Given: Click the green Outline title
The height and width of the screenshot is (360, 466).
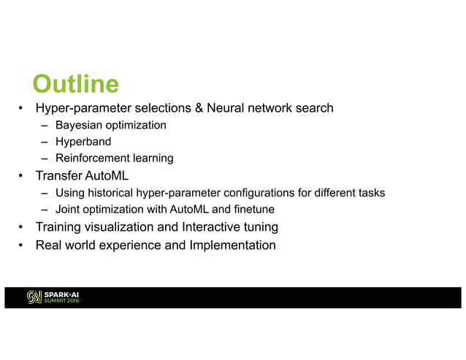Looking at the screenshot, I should coord(76,85).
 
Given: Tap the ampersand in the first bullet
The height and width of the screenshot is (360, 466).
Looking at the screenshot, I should coord(197,109).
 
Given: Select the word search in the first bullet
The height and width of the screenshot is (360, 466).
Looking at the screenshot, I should coord(314,109).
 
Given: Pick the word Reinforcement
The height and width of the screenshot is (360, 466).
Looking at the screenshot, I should coord(92,158).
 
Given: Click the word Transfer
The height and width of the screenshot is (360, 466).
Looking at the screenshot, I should coord(58,176).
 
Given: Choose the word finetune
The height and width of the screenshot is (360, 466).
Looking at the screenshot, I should coord(253,210).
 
